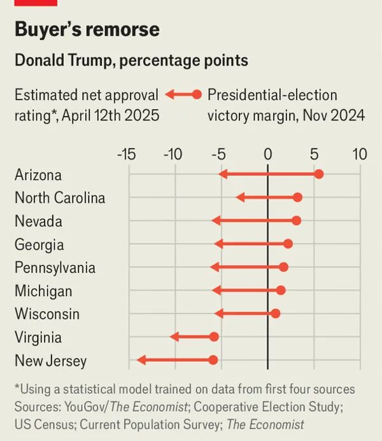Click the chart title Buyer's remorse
(87, 29)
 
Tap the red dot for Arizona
(319, 174)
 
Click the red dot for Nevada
(296, 221)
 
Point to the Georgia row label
(39, 244)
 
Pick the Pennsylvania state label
(55, 268)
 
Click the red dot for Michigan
(281, 290)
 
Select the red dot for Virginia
(214, 337)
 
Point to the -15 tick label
(125, 154)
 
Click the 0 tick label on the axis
(267, 154)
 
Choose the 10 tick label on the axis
(359, 154)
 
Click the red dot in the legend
(197, 95)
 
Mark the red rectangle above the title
(36, 3)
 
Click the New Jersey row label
(50, 361)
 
